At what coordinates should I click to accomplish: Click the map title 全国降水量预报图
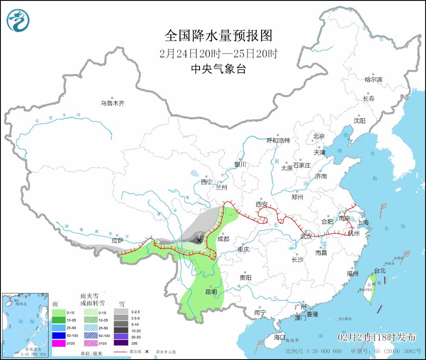(x=218, y=36)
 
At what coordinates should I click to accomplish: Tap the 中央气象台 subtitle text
(x=218, y=69)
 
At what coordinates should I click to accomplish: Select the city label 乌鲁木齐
(x=112, y=103)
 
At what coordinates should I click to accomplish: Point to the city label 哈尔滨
(x=373, y=79)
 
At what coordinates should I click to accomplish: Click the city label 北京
(x=319, y=136)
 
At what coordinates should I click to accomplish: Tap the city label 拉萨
(x=118, y=240)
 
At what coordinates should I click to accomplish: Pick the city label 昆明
(x=211, y=292)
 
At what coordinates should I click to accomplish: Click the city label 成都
(x=223, y=239)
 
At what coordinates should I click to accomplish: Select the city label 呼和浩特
(x=278, y=140)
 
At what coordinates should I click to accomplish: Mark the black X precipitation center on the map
(x=199, y=240)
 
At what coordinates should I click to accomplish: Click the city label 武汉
(x=306, y=236)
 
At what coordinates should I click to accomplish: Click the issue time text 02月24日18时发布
(x=377, y=337)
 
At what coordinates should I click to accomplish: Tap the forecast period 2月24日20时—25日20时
(x=218, y=53)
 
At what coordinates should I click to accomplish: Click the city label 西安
(x=262, y=204)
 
